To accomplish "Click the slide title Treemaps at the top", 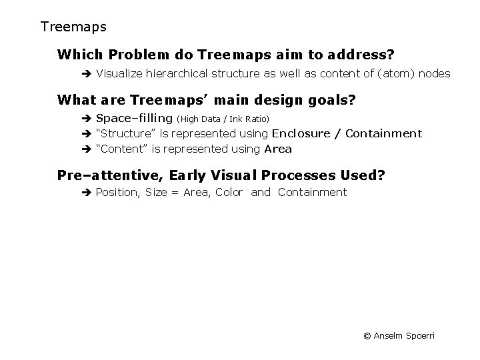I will (x=73, y=27).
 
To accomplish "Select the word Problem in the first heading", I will (x=138, y=53).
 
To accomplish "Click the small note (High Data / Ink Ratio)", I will (x=223, y=119).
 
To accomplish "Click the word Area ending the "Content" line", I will (x=278, y=149).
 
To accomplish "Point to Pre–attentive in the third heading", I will (x=110, y=176).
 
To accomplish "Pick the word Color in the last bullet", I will (x=229, y=193).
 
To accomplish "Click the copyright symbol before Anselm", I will (x=367, y=335).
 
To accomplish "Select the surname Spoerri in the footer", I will (x=419, y=335).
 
